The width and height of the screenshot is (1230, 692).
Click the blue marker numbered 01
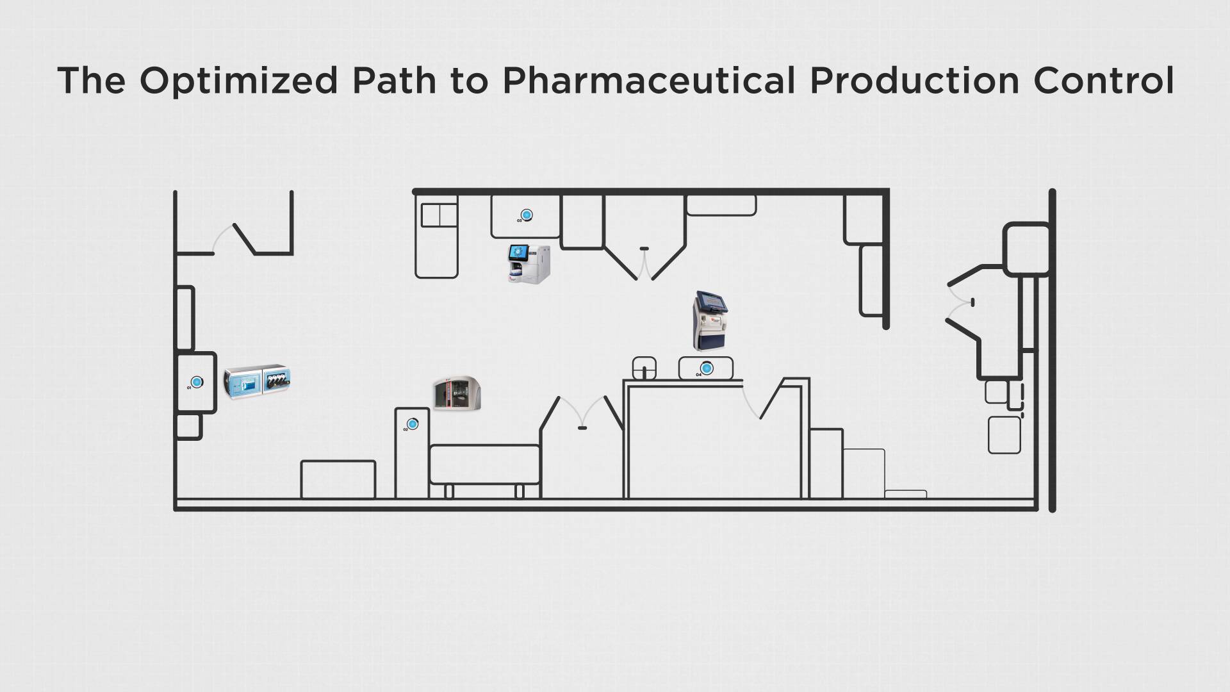(x=197, y=383)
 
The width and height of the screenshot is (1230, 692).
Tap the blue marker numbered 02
(x=413, y=424)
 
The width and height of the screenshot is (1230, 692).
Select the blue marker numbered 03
(x=527, y=215)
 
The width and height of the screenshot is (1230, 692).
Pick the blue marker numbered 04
(x=707, y=368)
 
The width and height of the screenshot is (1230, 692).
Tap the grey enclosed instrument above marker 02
(x=457, y=393)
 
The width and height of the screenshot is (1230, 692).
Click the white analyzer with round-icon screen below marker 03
(x=529, y=263)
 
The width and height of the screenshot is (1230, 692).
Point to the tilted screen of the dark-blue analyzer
(x=712, y=300)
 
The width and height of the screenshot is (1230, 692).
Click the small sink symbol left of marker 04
(x=644, y=368)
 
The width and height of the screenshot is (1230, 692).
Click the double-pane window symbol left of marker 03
(x=439, y=215)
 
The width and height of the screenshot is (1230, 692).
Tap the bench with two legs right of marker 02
(x=484, y=466)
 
